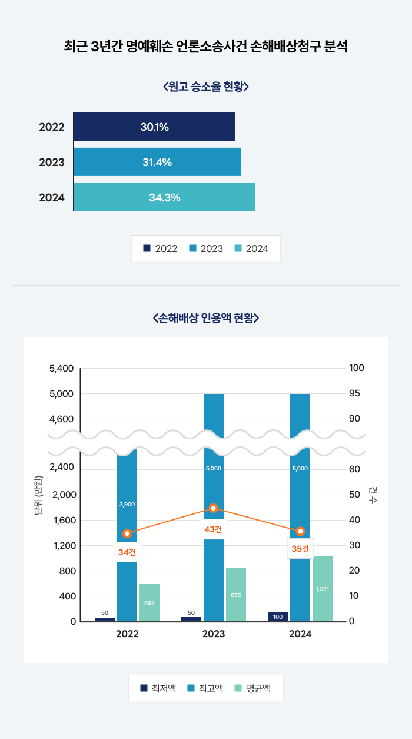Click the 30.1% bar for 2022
(154, 127)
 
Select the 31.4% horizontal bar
(157, 162)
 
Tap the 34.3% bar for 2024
(164, 197)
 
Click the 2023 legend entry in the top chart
(206, 248)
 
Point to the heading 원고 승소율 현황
(206, 87)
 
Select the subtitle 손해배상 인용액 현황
(206, 318)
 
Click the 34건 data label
(127, 552)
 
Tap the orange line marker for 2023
(214, 508)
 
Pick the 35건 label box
(300, 549)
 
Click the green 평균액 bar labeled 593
(149, 602)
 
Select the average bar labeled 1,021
(323, 589)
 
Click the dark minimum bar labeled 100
(278, 617)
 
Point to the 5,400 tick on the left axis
(62, 369)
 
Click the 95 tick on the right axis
(357, 393)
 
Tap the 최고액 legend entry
(205, 688)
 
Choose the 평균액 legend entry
(253, 688)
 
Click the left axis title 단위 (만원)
(39, 495)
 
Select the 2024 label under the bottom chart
(300, 634)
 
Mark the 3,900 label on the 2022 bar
(127, 504)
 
